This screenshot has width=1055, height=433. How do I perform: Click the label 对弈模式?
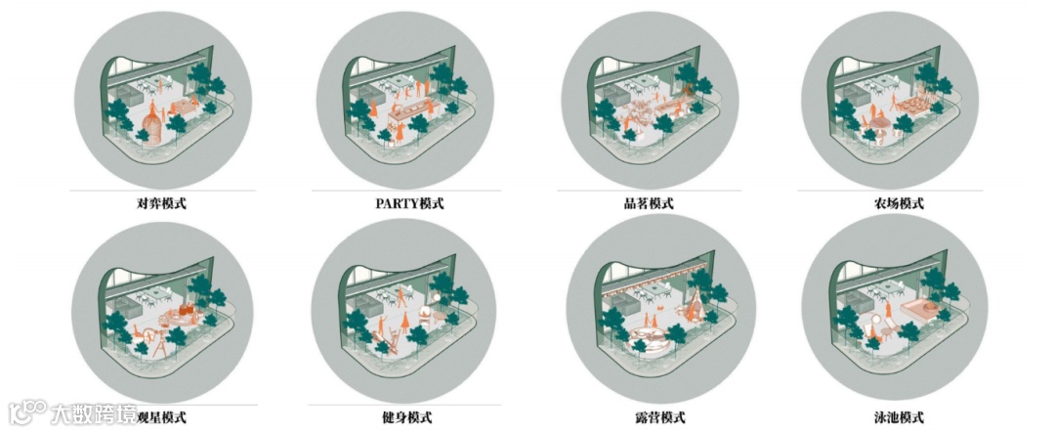(x=161, y=203)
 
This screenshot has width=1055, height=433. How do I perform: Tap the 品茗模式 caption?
(x=649, y=203)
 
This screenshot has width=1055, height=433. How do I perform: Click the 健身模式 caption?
(x=406, y=417)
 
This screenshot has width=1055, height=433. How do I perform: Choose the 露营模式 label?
(x=649, y=417)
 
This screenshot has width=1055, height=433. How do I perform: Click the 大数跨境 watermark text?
(x=94, y=413)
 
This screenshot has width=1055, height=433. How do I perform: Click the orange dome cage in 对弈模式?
(x=154, y=129)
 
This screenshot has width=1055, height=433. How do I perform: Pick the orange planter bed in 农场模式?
(x=911, y=105)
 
